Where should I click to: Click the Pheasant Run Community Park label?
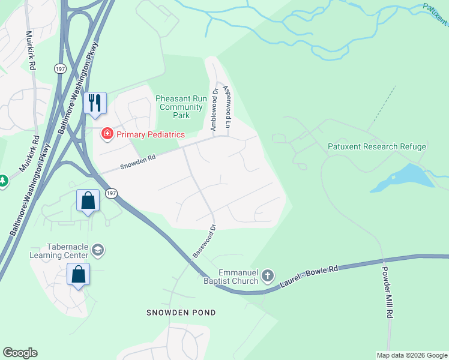pos(181,107)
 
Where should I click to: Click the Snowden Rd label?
pos(138,162)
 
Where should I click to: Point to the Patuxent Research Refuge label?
pos(377,146)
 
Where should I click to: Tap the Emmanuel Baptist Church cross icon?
pos(267,276)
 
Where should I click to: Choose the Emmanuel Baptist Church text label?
pos(238,277)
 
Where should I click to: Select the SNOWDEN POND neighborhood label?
pos(181,313)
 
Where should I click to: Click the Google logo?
pos(20,352)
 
